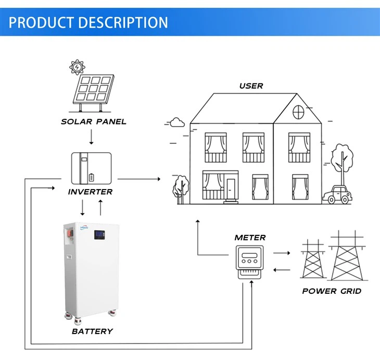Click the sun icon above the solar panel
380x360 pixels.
pos(77,67)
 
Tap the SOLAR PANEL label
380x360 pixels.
pos(94,122)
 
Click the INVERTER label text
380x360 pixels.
pos(91,192)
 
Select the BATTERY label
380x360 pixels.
pos(92,331)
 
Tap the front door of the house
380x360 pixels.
pos(231,191)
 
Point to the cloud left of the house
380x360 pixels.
pos(178,123)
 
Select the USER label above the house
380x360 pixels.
pos(251,85)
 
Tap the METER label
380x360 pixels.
pos(250,238)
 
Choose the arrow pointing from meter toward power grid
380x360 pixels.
pos(282,253)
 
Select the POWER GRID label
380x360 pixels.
pos(332,291)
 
